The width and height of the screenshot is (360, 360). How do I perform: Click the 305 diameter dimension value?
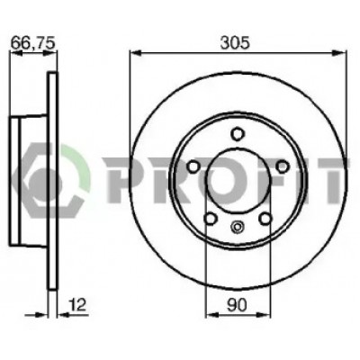[235, 43]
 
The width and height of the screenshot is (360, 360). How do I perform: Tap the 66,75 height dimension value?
[33, 43]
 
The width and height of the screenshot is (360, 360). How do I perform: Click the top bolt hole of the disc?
[238, 133]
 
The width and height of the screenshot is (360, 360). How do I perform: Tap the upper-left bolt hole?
[193, 166]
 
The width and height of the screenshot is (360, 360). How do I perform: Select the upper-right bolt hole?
[283, 166]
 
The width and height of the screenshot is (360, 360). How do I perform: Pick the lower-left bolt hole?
[211, 219]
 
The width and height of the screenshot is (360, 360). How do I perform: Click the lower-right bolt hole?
[265, 219]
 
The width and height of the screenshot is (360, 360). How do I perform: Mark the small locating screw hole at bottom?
[238, 227]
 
